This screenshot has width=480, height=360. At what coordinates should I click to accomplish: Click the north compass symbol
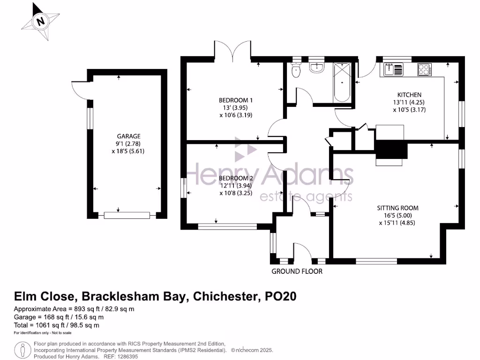coord(41,21)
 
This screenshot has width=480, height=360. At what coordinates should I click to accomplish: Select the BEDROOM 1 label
coord(236,100)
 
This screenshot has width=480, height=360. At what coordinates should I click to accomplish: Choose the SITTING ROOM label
coord(397,208)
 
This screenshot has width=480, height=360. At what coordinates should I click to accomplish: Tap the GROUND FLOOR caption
coord(297,271)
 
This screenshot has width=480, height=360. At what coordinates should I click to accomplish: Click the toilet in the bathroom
coord(296,70)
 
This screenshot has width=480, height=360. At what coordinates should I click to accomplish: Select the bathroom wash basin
coord(317,68)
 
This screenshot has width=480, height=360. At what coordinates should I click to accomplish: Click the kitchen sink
coord(393,69)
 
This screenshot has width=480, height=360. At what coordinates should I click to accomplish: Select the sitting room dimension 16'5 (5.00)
coord(397,216)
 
